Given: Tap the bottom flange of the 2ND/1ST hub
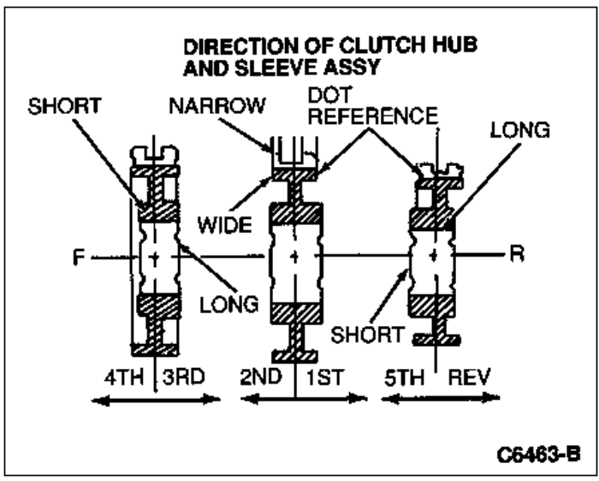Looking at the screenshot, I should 294,354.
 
